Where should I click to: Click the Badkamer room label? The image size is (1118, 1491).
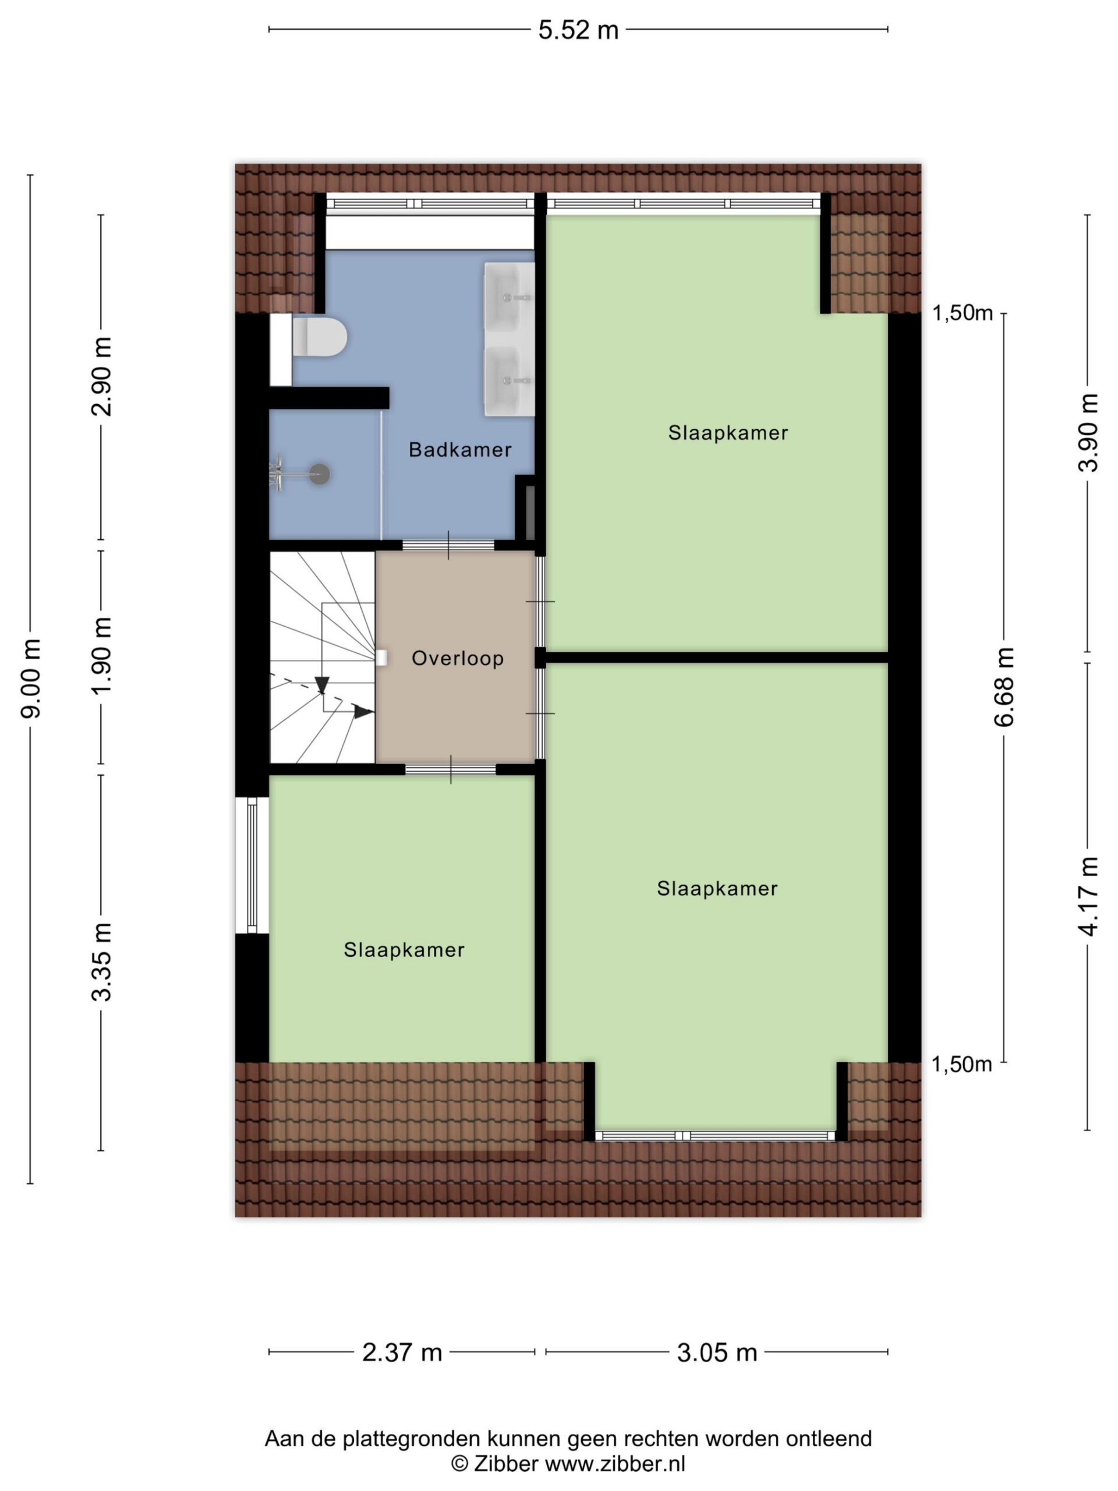coord(459,450)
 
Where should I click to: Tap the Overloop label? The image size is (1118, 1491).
coord(458,659)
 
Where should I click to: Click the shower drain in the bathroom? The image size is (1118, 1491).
coord(320,474)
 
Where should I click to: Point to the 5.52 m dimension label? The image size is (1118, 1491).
coord(578,30)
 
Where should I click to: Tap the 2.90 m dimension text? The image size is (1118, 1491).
coord(102,377)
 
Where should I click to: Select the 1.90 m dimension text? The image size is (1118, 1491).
coord(102,656)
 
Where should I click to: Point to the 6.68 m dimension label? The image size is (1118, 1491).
coord(1004,686)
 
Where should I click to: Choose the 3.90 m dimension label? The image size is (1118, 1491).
coord(1088,433)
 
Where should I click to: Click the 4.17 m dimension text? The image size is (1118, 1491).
coord(1088,896)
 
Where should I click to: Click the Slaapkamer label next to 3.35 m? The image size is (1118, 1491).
coord(404,950)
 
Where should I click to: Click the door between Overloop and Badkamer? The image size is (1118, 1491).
coord(449,545)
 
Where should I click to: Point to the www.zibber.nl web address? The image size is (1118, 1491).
coord(614,1464)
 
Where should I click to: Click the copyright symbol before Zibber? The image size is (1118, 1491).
coord(459,1464)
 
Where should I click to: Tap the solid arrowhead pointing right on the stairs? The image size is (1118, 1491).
coord(365,712)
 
